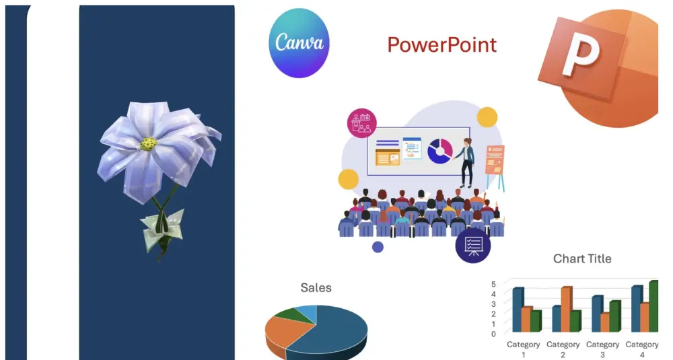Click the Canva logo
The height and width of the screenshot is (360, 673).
299,43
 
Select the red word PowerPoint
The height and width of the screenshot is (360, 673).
441,45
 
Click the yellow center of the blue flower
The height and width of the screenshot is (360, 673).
149,144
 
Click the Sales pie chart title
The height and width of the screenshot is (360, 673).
316,287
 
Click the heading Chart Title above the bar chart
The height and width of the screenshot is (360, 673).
582,259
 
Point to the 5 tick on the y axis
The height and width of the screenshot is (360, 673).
493,284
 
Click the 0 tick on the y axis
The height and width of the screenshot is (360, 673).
493,334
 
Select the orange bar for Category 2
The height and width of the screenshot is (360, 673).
567,309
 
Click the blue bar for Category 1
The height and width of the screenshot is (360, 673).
518,310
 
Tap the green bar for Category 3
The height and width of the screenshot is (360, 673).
615,316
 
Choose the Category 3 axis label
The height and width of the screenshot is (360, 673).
602,349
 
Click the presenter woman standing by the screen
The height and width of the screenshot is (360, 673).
465,162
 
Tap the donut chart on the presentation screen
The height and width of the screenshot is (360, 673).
439,151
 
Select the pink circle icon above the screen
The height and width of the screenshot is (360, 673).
362,123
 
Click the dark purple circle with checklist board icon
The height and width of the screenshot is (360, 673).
473,246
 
